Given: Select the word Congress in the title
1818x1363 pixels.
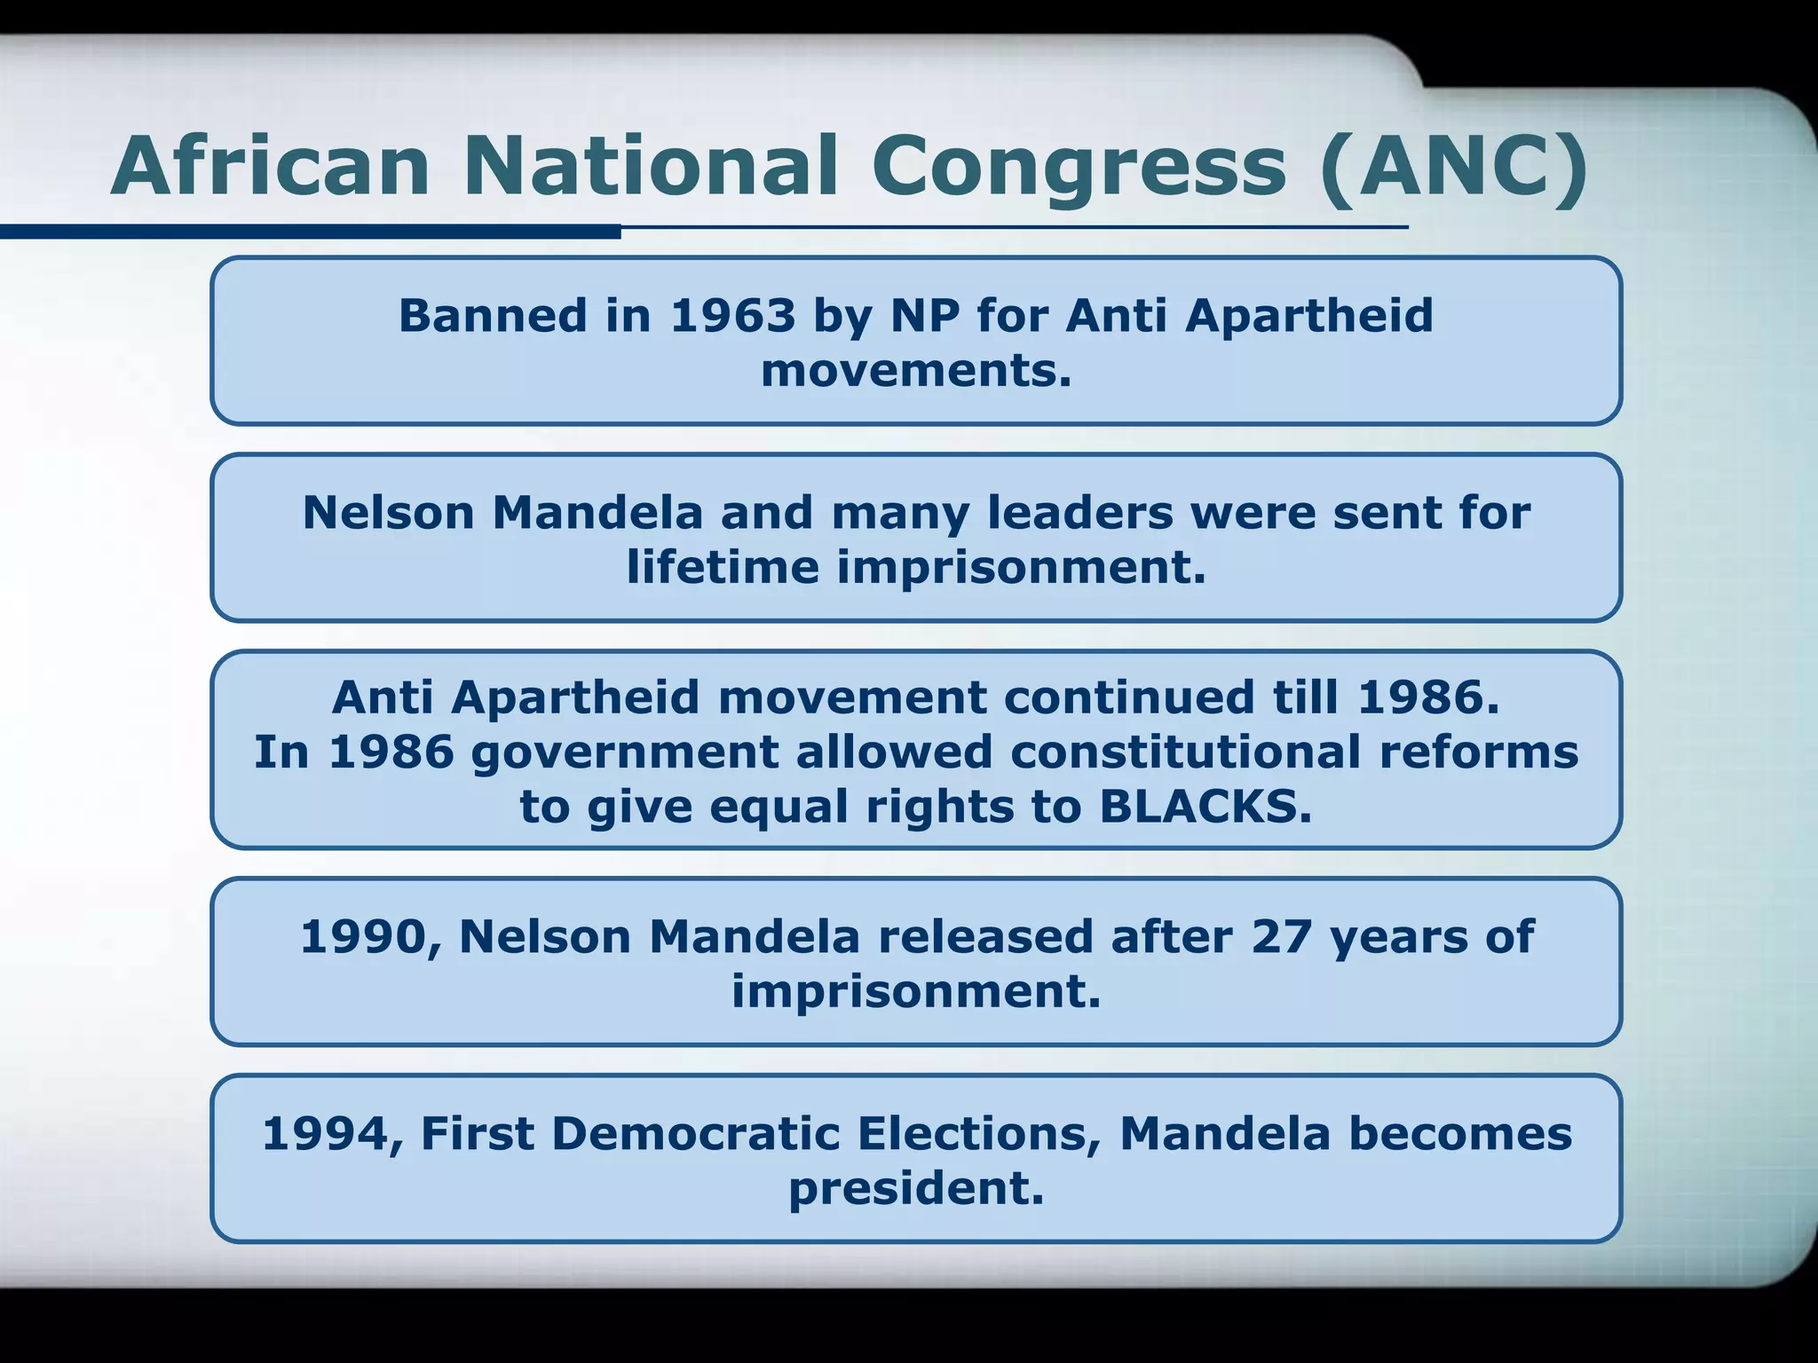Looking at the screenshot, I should point(1079,167).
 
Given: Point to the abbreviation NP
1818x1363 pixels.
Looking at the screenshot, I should point(925,316).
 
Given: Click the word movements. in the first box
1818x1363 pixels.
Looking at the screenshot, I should point(916,370).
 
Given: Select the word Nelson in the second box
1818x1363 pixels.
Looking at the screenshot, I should point(388,513).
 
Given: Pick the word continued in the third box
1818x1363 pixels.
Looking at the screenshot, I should point(1128,697).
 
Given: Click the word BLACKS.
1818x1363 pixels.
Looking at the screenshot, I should point(1205,807).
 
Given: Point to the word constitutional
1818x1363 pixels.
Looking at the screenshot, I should point(1185,752).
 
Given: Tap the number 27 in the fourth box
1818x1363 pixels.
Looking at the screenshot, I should point(1281,937).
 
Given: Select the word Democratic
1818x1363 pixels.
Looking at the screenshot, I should point(695,1134).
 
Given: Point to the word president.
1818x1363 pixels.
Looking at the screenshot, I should point(916,1188).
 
